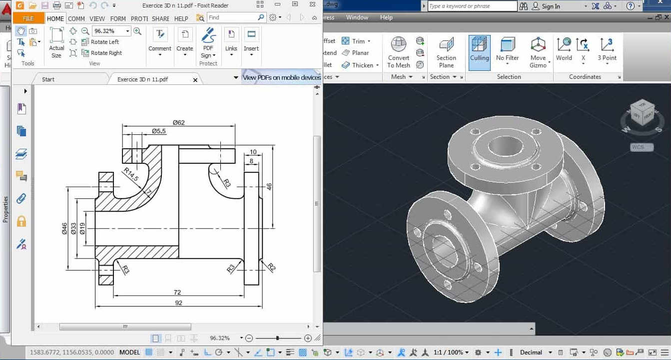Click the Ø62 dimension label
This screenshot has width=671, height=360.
pos(179,122)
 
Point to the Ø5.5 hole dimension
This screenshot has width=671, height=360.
pos(159,131)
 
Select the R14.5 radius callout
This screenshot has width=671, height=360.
pos(131,175)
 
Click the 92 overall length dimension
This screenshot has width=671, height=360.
pos(178,303)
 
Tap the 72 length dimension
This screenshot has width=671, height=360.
pos(177,292)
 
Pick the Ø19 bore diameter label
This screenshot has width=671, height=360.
pos(82,228)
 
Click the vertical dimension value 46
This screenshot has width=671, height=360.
pos(269,186)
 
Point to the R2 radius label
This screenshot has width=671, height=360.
pos(271,267)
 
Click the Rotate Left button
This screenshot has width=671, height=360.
pos(104,42)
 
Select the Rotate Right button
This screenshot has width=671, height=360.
pos(106,53)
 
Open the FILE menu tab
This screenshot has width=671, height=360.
pos(28,18)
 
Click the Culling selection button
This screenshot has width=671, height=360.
pos(479,52)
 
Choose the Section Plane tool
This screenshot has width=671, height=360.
pos(446,52)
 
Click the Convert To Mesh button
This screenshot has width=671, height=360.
pos(399,52)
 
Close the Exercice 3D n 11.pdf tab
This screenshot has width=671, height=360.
pos(195,80)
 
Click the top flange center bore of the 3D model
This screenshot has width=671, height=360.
pos(505,146)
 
